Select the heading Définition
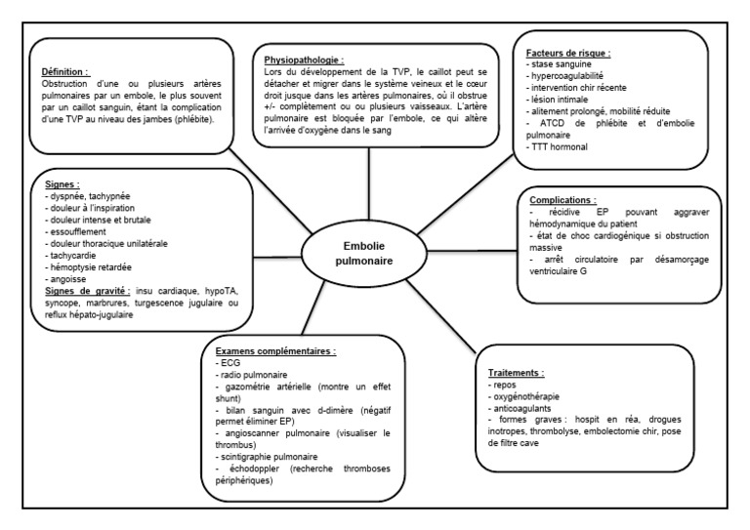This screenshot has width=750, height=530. pyautogui.click(x=64, y=71)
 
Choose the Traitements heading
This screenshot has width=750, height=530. pyautogui.click(x=516, y=372)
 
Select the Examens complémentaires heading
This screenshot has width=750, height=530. pyautogui.click(x=271, y=349)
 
